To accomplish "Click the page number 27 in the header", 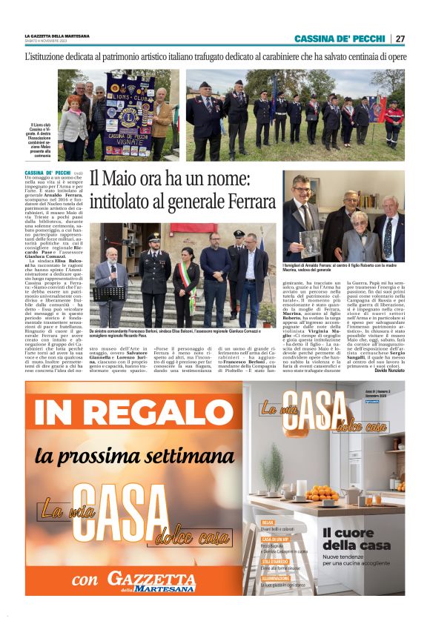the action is click(400, 39).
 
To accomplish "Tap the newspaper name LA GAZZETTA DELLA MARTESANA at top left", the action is click(57, 36).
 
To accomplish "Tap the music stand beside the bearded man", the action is click(109, 296).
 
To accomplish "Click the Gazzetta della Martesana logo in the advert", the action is click(151, 582).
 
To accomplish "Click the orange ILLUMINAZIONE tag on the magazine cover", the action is click(276, 577).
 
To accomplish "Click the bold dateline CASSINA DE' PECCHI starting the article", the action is click(48, 172).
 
